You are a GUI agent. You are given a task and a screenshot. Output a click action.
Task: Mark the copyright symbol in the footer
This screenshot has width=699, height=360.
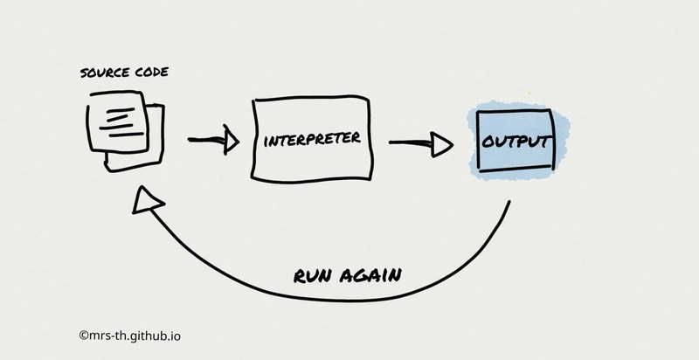click(83, 334)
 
